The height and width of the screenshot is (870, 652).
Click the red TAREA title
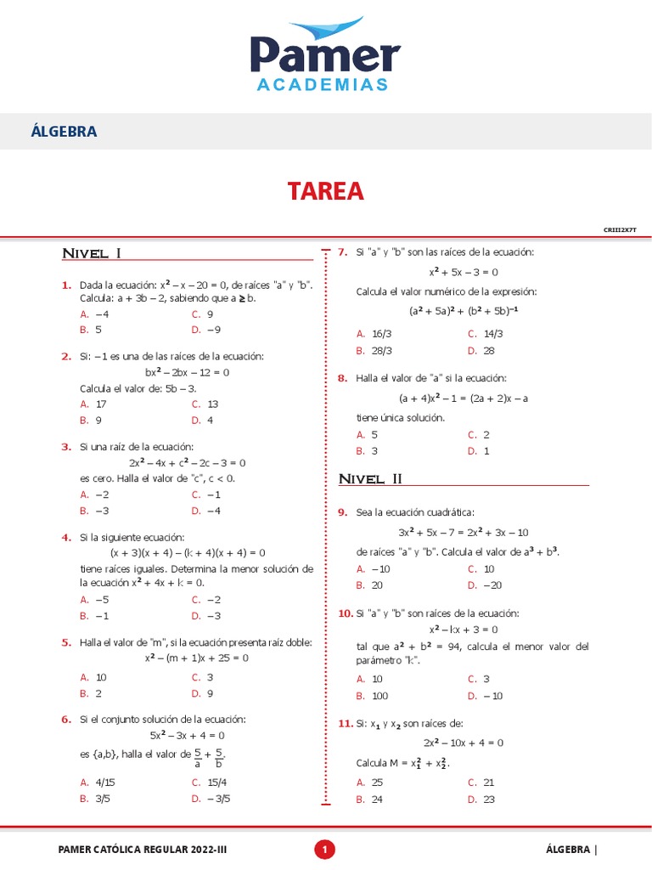325,191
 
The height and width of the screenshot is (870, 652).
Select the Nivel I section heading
93,253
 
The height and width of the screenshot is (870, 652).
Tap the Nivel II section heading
370,479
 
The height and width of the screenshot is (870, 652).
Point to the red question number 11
345,723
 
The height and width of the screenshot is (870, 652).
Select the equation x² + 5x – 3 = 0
463,272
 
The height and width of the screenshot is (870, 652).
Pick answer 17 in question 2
100,404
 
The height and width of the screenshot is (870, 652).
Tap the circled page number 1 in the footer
325,849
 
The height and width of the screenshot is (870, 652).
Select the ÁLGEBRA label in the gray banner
64,132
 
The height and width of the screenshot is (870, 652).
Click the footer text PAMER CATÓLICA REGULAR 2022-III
142,849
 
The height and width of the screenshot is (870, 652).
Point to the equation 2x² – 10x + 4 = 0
463,742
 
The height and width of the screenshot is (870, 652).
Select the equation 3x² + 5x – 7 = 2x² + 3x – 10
463,532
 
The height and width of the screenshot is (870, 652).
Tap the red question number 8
342,378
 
